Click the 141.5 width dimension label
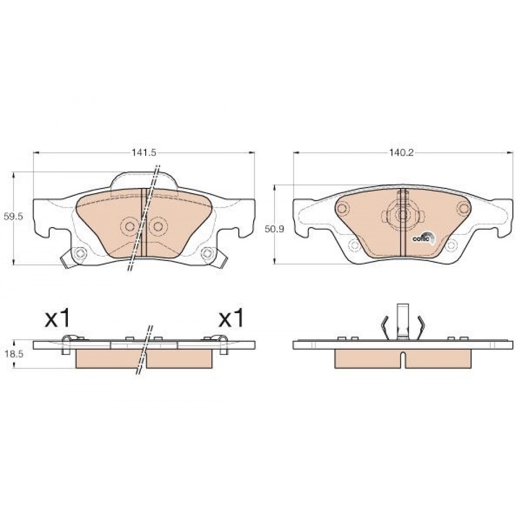click(144, 153)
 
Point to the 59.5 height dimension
click(13, 217)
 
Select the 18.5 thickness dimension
click(14, 354)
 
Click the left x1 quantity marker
click(57, 318)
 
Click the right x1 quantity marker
click(231, 318)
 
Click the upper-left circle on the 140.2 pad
click(342, 209)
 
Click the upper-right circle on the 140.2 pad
click(463, 209)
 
